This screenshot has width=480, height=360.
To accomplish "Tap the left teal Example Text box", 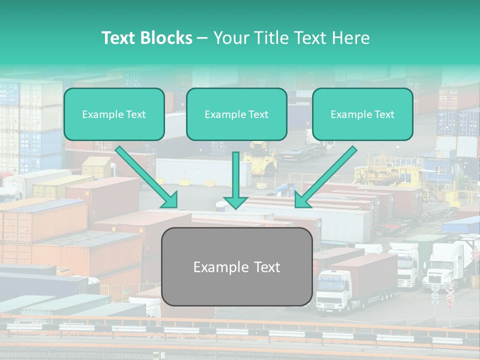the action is tap(114, 114).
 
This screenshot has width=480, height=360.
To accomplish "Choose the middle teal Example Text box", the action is tap(236, 114).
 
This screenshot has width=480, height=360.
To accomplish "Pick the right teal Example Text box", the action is tap(363, 114).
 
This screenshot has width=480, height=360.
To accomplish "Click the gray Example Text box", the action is tap(237, 266).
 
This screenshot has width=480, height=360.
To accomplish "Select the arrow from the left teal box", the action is tap(147, 177).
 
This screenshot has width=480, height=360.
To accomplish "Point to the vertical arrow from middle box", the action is tap(235, 180).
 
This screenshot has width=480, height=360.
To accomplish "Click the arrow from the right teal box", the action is tap(325, 177).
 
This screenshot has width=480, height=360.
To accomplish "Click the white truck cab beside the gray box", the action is tap(333, 291).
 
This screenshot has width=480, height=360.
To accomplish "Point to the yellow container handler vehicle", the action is tap(259, 157).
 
